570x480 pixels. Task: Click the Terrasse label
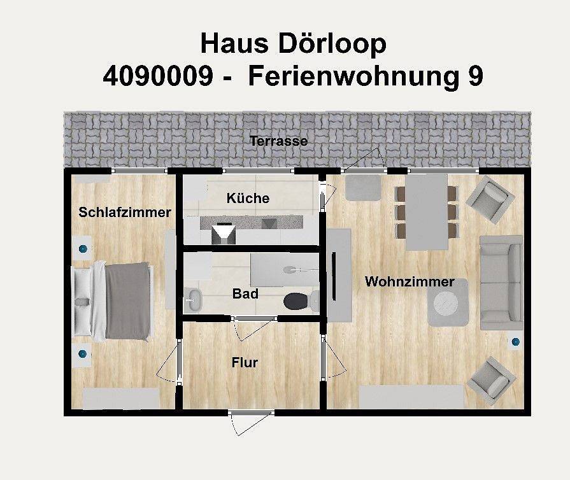[x=278, y=141]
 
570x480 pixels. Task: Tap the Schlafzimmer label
[x=125, y=213]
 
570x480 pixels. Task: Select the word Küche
[x=248, y=199]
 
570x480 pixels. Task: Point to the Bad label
[x=245, y=294]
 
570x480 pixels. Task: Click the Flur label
[x=245, y=363]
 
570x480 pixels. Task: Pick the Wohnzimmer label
[x=410, y=281]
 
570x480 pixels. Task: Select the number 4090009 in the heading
[x=157, y=76]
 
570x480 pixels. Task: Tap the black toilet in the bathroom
[x=297, y=300]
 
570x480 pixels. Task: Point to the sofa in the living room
[x=501, y=282]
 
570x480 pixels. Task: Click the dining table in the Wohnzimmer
[x=427, y=212]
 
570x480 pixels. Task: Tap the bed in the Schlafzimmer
[x=115, y=300]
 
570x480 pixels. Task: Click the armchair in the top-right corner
[x=492, y=199]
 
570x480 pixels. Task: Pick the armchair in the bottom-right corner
[x=491, y=380]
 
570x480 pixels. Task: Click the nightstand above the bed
[x=82, y=249]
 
